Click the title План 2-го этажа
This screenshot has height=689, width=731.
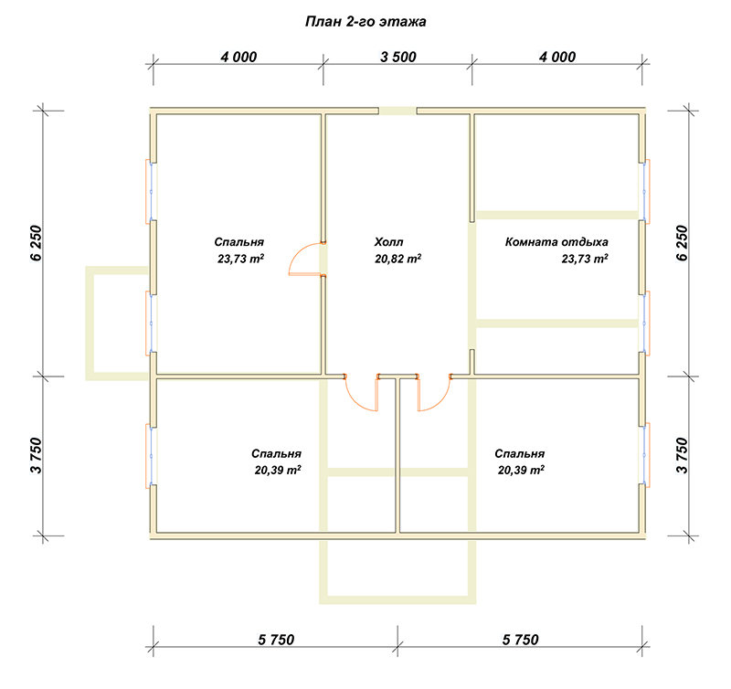(365, 22)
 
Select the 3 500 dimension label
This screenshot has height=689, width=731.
(398, 57)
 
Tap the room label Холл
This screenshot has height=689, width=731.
(388, 242)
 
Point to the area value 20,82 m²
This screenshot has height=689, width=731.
(397, 259)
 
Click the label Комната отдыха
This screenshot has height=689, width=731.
(556, 242)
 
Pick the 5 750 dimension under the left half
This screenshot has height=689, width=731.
(276, 640)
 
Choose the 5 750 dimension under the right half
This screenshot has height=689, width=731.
(520, 640)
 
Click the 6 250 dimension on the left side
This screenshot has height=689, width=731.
(37, 243)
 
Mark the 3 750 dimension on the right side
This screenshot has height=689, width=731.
(682, 455)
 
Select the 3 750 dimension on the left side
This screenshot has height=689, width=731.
(37, 455)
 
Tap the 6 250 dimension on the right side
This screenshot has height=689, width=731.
(682, 243)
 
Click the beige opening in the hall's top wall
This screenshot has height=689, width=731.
(397, 111)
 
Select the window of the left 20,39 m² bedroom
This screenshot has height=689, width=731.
(152, 455)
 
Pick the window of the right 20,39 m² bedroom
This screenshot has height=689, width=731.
(644, 455)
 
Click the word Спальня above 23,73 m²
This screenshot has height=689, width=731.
(238, 242)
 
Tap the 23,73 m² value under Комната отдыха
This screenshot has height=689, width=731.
(585, 259)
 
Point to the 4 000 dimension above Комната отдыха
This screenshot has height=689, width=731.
(557, 57)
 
